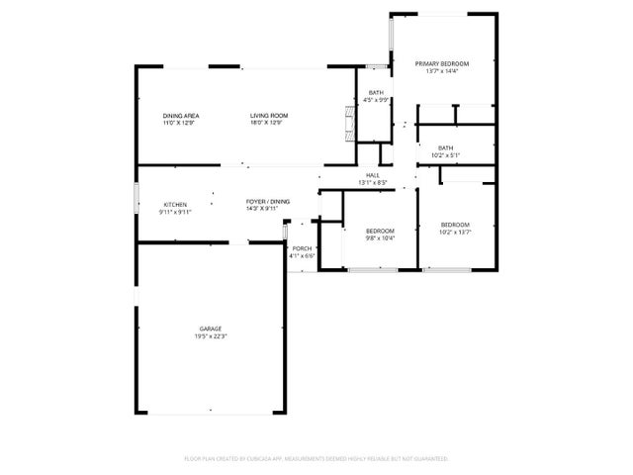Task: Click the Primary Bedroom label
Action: (x=441, y=63)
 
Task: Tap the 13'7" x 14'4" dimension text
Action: (x=441, y=71)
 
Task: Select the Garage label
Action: (x=211, y=329)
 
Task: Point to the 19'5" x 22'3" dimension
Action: (x=211, y=336)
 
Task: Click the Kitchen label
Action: (x=174, y=204)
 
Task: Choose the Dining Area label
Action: (x=179, y=116)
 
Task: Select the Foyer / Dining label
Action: (x=268, y=202)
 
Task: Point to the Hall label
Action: (x=373, y=175)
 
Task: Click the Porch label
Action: (x=302, y=248)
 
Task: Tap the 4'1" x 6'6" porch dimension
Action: (x=302, y=256)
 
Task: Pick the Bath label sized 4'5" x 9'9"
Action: (x=377, y=92)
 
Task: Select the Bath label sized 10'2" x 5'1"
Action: (x=446, y=147)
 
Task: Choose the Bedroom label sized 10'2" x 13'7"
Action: (x=455, y=225)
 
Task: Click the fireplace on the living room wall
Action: (x=347, y=125)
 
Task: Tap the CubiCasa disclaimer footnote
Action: (x=316, y=459)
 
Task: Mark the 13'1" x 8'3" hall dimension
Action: (x=373, y=183)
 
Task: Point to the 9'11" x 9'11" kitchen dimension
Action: (x=174, y=212)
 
